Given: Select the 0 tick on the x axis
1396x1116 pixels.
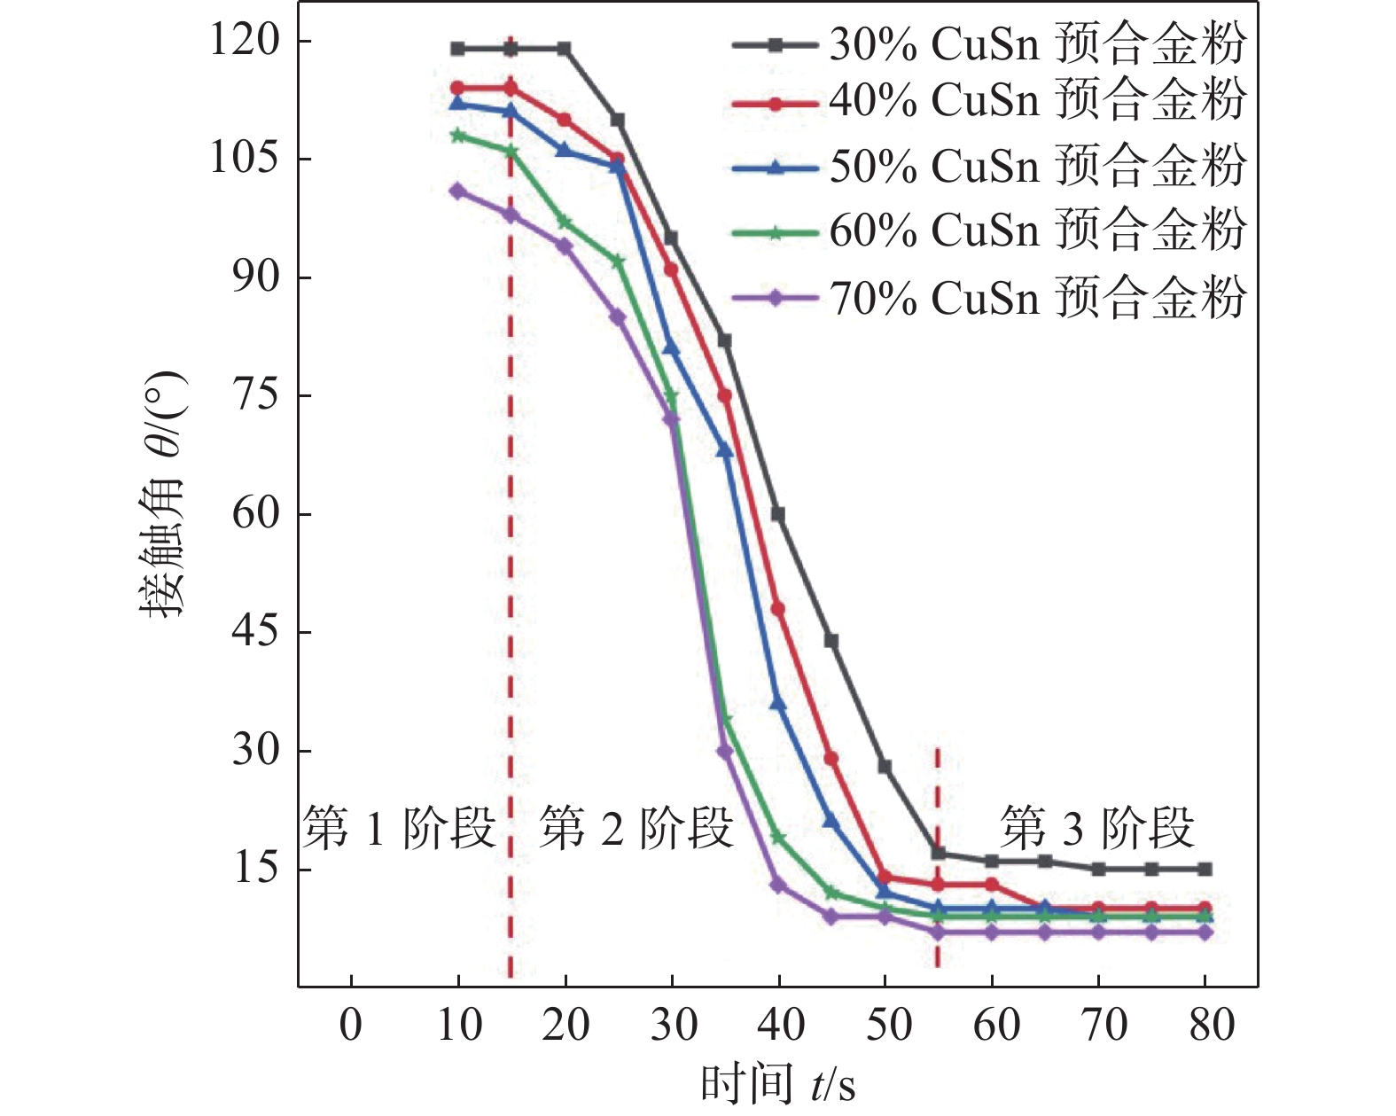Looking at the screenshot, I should pyautogui.click(x=351, y=1026).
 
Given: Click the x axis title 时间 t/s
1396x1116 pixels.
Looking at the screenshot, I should pyautogui.click(x=778, y=1083).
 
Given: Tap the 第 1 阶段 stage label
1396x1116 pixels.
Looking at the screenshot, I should pyautogui.click(x=399, y=829).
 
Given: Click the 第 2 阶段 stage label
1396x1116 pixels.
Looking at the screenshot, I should pyautogui.click(x=636, y=829).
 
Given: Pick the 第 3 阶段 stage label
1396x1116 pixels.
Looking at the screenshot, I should pyautogui.click(x=1097, y=829).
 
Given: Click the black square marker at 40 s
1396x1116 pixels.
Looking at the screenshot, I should pyautogui.click(x=778, y=514).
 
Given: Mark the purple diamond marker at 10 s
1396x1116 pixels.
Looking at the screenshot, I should pyautogui.click(x=457, y=191).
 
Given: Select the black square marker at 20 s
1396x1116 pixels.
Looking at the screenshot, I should pyautogui.click(x=564, y=49).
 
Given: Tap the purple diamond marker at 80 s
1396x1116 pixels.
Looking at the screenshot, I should pyautogui.click(x=1205, y=933).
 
